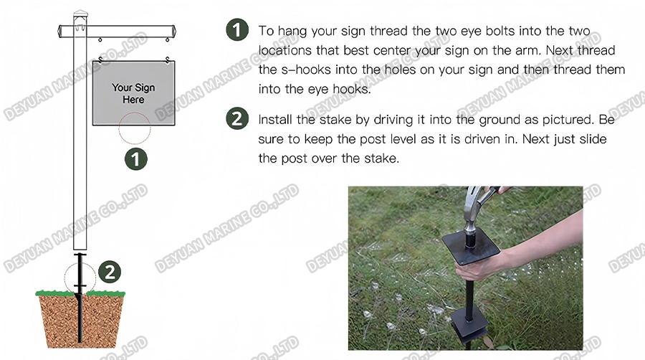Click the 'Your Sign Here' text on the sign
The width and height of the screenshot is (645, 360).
pyautogui.click(x=133, y=93)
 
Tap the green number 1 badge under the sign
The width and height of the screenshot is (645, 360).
pyautogui.click(x=136, y=158)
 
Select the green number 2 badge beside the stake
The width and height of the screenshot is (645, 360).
pyautogui.click(x=109, y=272)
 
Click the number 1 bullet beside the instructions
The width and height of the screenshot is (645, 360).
pyautogui.click(x=236, y=31)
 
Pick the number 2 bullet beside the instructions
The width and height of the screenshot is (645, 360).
pyautogui.click(x=236, y=119)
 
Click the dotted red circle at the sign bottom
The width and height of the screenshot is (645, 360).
pyautogui.click(x=135, y=128)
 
